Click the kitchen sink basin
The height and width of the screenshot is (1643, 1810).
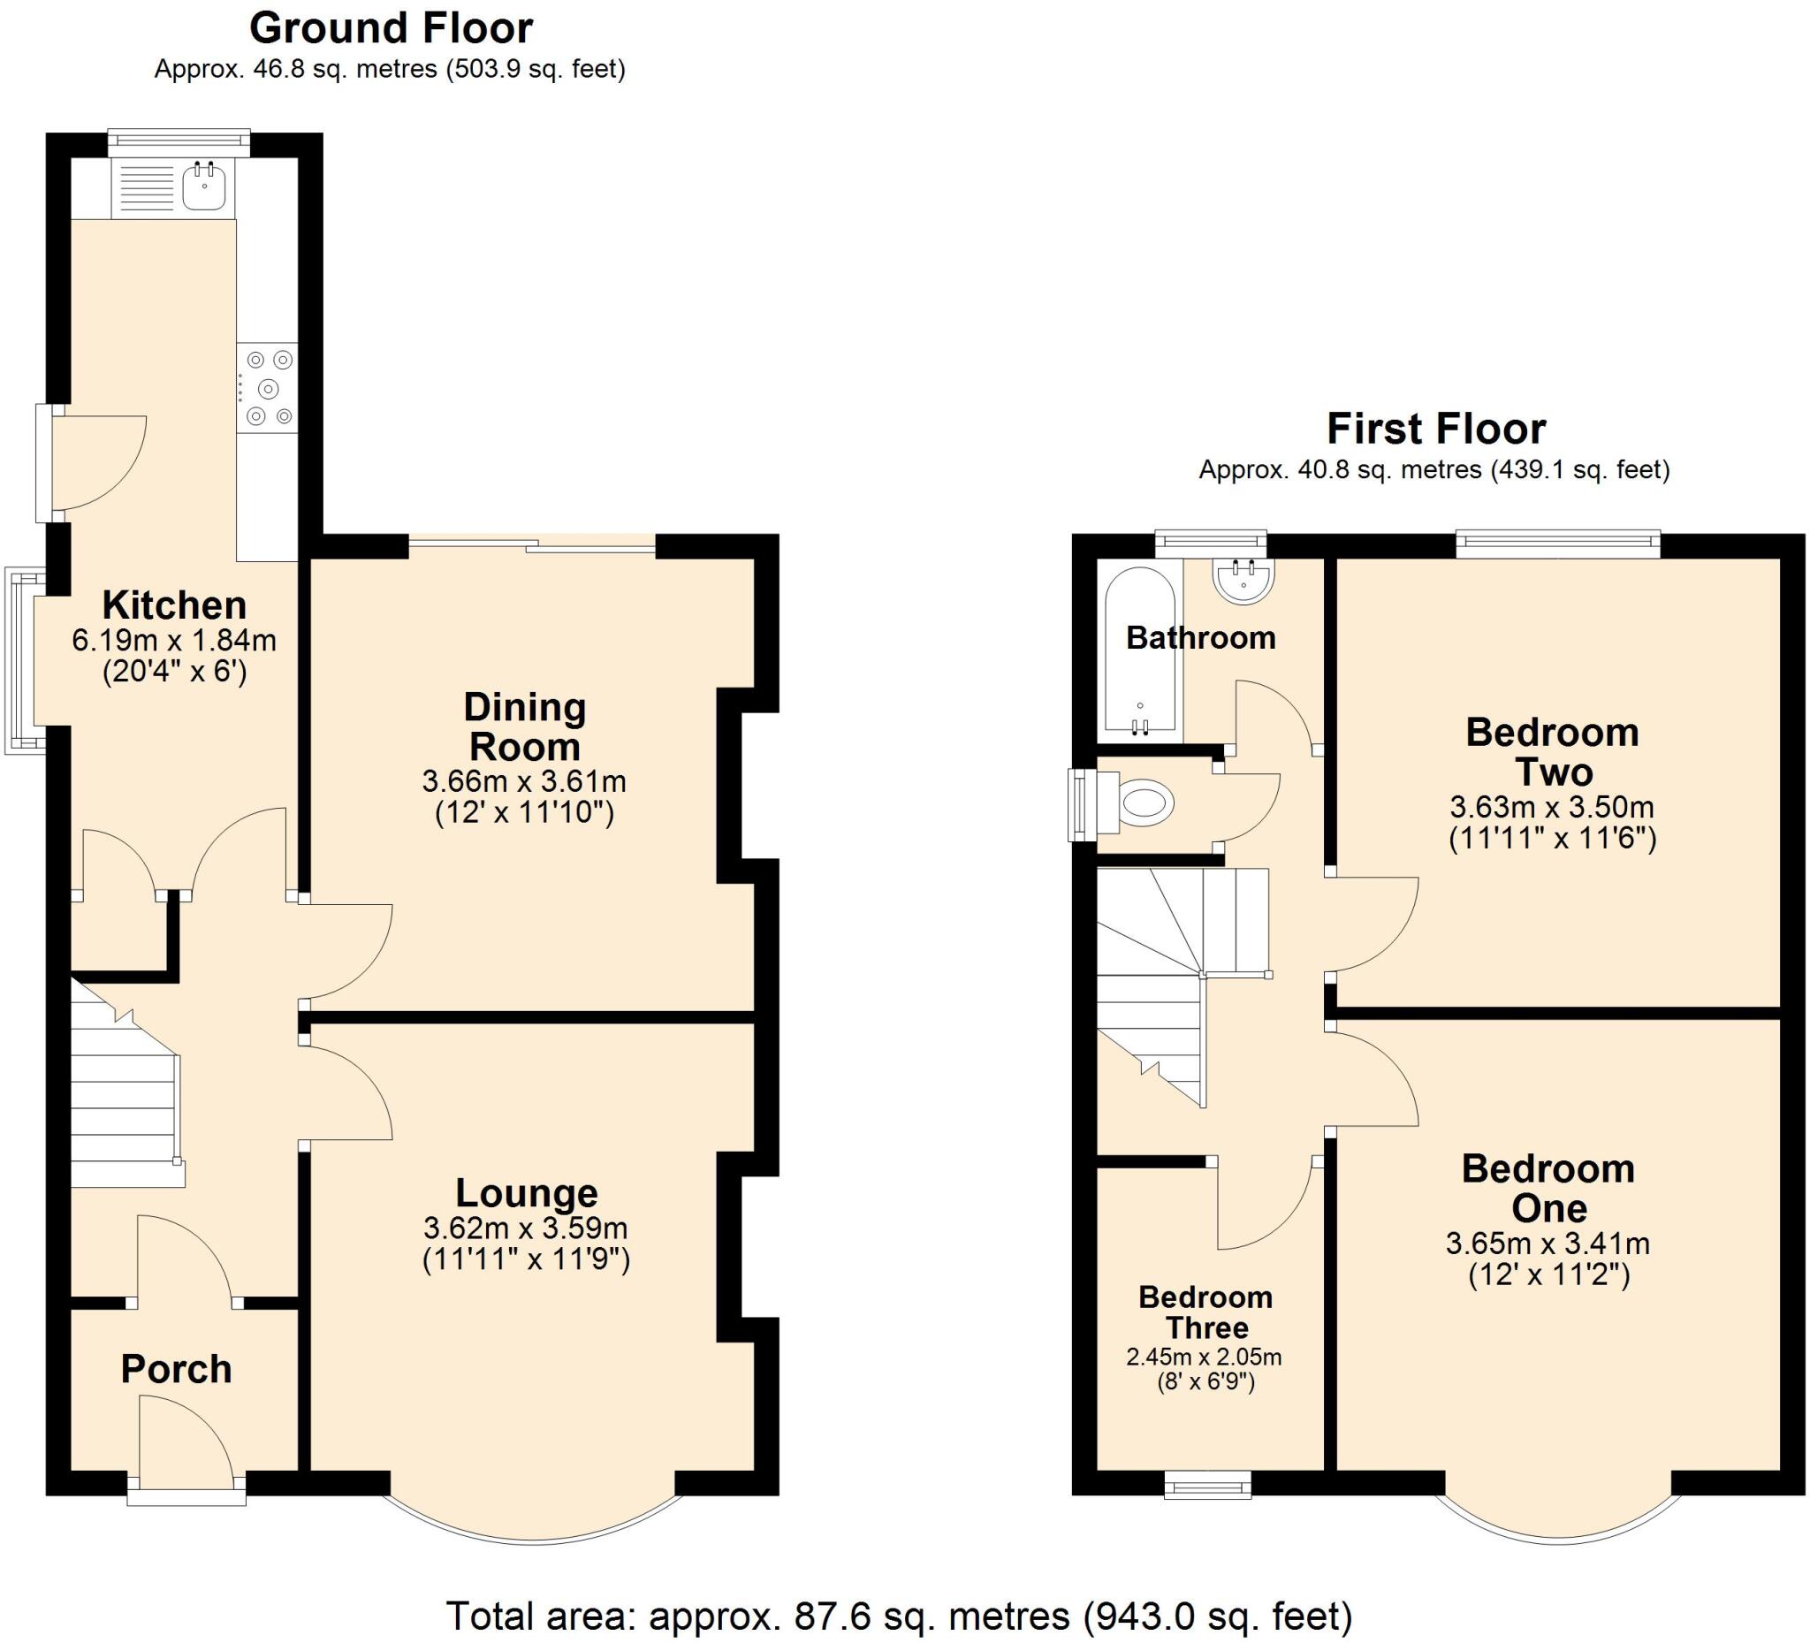click(205, 187)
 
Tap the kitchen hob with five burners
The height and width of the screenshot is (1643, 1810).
click(268, 388)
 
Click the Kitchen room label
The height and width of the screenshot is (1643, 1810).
click(174, 606)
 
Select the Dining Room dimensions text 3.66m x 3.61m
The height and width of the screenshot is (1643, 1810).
click(524, 781)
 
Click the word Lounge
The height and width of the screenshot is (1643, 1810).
click(526, 1193)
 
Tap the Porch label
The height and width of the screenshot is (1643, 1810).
click(176, 1369)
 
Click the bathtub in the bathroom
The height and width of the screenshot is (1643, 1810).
click(1139, 650)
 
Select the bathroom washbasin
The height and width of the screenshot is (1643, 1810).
click(1243, 579)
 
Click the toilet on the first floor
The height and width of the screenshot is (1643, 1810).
click(1145, 802)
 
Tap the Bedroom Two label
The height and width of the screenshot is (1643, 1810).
click(1552, 752)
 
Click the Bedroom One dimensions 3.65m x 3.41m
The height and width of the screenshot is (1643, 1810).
click(1548, 1244)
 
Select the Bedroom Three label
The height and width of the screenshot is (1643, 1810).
click(1205, 1312)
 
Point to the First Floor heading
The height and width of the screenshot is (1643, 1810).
click(1435, 430)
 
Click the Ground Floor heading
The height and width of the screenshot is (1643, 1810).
click(391, 29)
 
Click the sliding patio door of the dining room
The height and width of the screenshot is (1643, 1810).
click(533, 544)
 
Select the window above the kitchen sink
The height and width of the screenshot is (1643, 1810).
click(179, 140)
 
